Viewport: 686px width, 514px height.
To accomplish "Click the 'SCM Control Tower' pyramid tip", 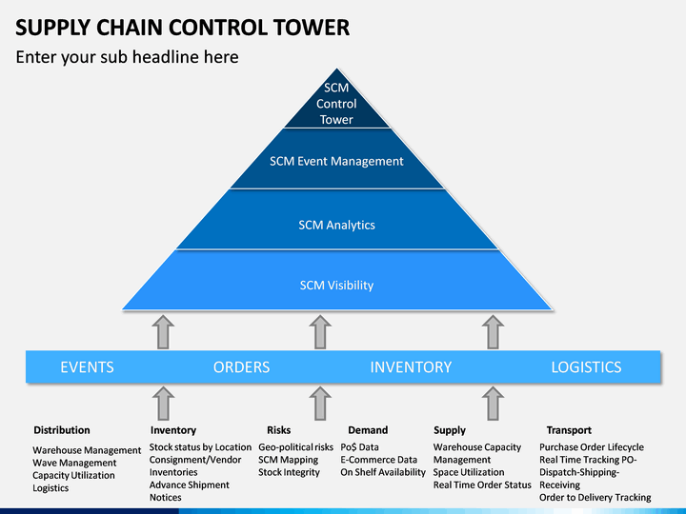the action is [x=337, y=69].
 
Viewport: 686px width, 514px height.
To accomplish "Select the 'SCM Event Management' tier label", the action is [x=336, y=161].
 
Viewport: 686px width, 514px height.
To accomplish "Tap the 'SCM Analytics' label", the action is [x=337, y=225].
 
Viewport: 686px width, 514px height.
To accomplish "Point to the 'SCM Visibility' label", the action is [x=337, y=286].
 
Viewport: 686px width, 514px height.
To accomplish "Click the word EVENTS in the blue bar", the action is [x=87, y=367].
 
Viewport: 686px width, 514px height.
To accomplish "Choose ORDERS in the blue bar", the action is [x=241, y=367].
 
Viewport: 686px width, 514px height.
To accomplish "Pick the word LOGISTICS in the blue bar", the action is [x=586, y=367].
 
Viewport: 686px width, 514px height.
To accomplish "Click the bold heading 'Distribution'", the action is [x=62, y=430].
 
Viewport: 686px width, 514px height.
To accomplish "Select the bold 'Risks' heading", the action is [x=278, y=430].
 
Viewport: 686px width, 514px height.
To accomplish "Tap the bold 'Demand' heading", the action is [x=368, y=430].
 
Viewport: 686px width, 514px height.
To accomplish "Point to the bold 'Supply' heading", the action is [x=450, y=430].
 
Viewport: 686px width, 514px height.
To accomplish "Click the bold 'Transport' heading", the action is [x=569, y=430].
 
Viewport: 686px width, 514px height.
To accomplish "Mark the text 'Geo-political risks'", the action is [x=295, y=447].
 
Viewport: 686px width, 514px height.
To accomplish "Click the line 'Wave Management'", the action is [x=74, y=463].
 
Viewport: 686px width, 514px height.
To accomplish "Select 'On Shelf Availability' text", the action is [x=383, y=472].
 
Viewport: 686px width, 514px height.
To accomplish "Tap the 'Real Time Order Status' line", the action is [x=482, y=485].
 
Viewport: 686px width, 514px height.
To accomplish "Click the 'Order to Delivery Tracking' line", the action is [x=595, y=498].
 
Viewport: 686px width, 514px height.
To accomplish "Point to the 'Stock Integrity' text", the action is [x=289, y=472].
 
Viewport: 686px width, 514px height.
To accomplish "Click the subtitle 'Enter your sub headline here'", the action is [x=128, y=57].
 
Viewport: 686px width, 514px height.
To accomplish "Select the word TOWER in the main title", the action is [x=312, y=28].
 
